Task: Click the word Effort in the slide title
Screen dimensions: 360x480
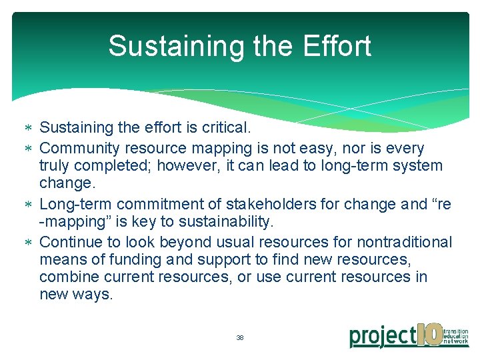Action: (x=337, y=47)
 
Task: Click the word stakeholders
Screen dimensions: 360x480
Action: (x=260, y=204)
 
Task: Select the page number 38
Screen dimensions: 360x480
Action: (x=240, y=338)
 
